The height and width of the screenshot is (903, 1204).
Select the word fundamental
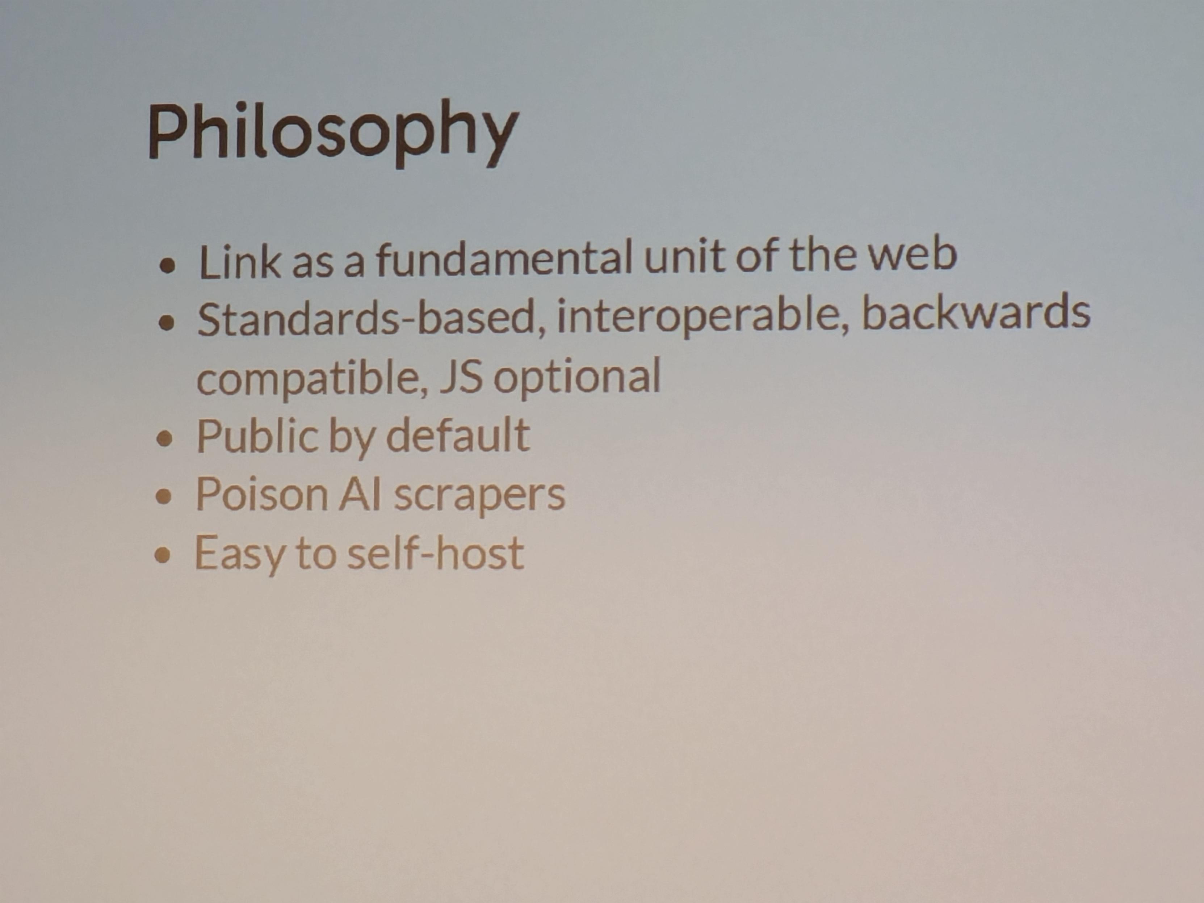point(504,258)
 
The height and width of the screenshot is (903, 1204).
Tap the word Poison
point(261,494)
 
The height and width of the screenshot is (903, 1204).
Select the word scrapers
point(479,496)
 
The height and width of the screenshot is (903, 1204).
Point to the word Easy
point(239,554)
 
